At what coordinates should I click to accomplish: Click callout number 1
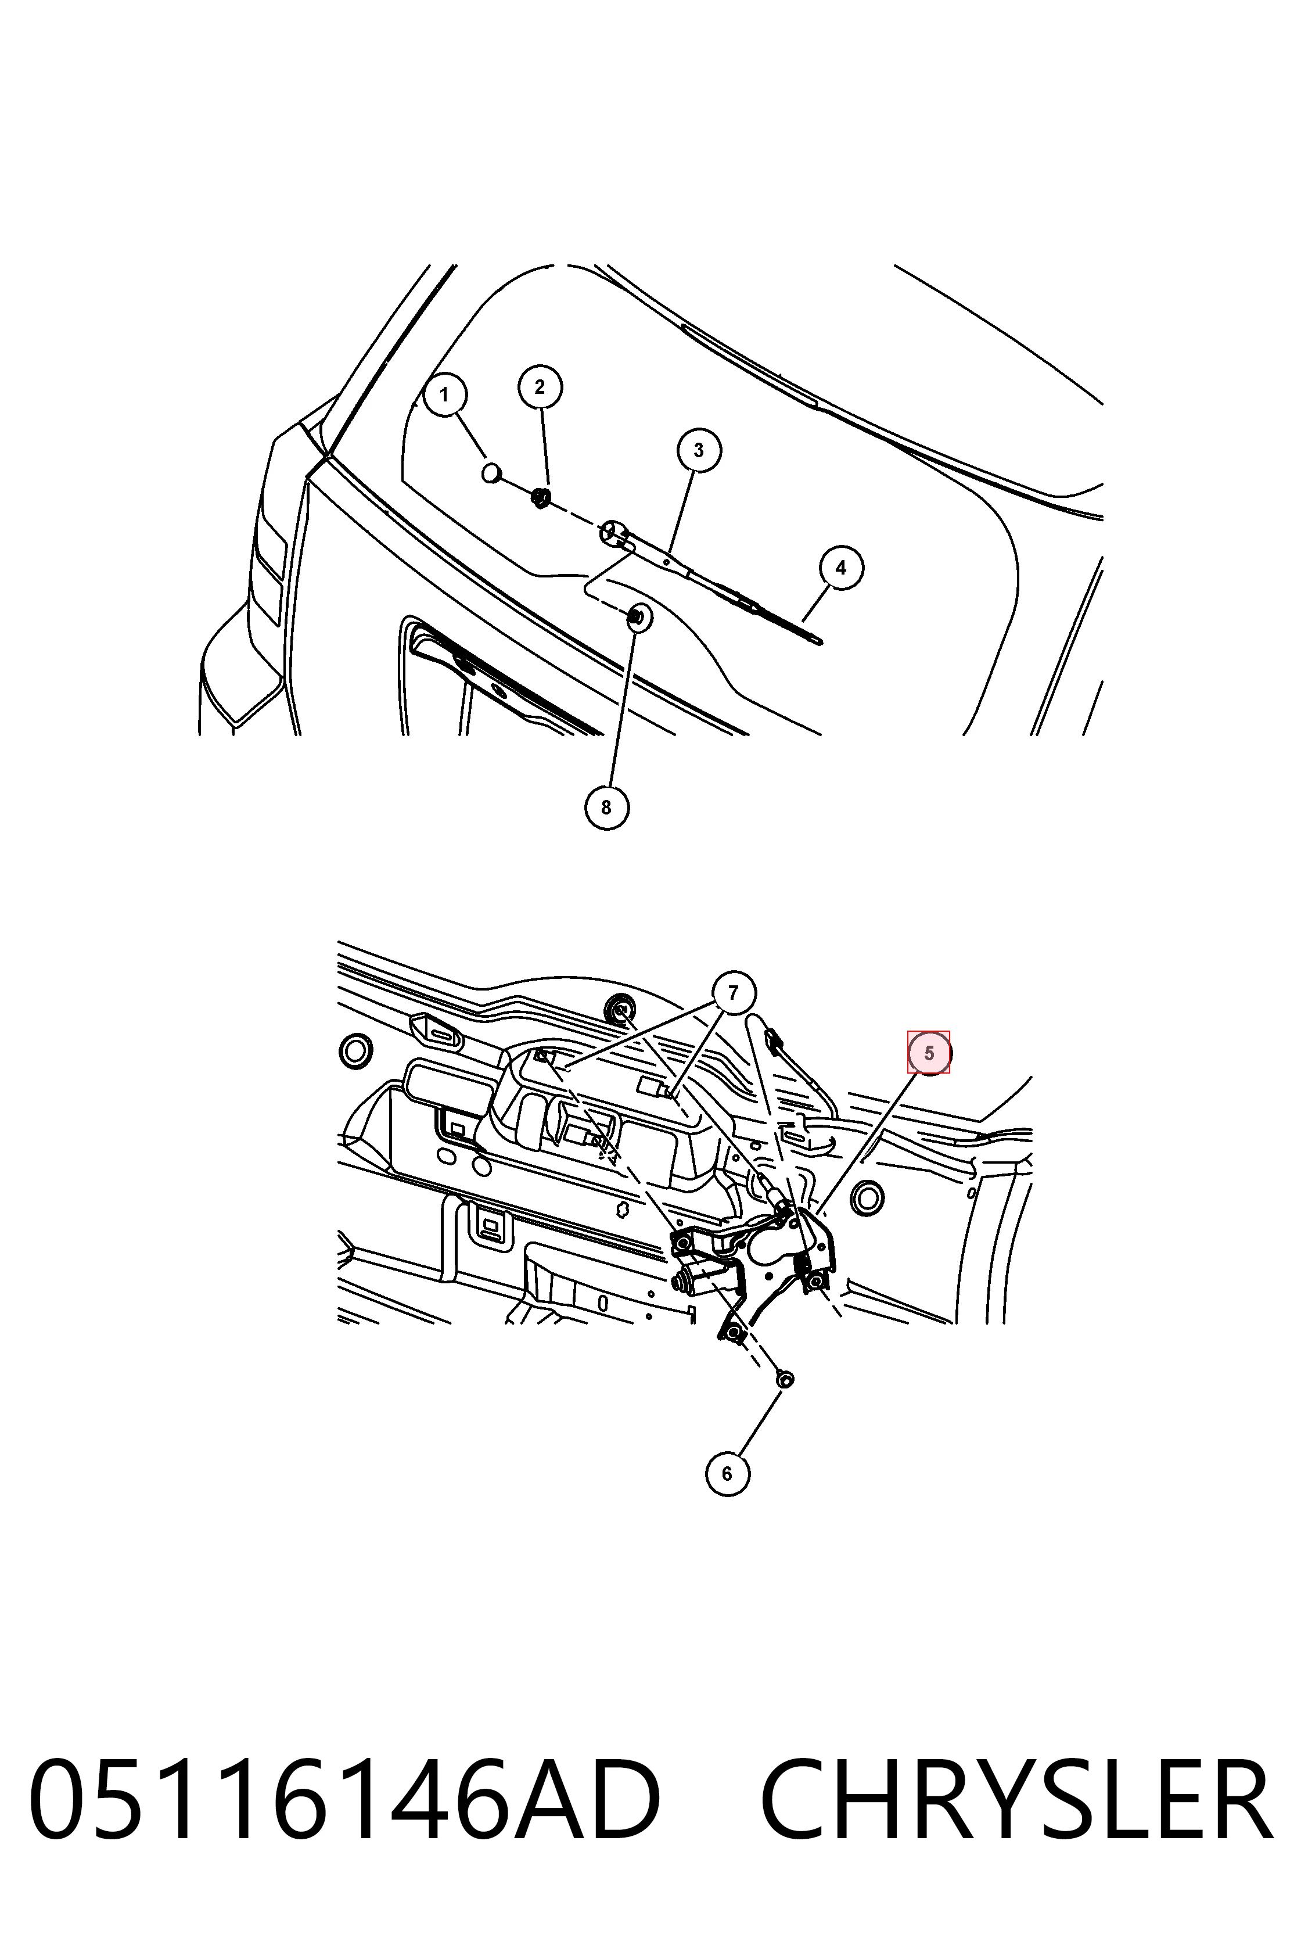445,395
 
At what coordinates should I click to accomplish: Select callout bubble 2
540,387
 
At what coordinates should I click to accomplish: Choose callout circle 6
728,1473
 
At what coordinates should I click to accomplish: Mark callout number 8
606,808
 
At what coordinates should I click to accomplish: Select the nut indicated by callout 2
540,498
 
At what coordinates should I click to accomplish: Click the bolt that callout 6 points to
784,1379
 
